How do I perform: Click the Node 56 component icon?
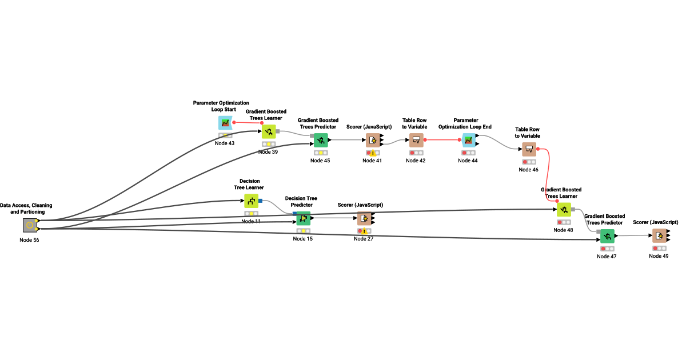pyautogui.click(x=30, y=225)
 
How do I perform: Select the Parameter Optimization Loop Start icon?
pyautogui.click(x=225, y=123)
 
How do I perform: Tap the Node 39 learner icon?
pyautogui.click(x=269, y=131)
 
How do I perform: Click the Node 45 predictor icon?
pyautogui.click(x=321, y=140)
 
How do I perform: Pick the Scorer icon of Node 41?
pyautogui.click(x=373, y=140)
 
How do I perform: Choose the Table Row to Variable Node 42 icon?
pyautogui.click(x=416, y=140)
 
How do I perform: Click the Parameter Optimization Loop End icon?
pyautogui.click(x=468, y=140)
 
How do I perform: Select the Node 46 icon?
pyautogui.click(x=529, y=149)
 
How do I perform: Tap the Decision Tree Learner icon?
pyautogui.click(x=252, y=201)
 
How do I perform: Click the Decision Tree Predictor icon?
pyautogui.click(x=304, y=218)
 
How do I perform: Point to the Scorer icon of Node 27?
pyautogui.click(x=364, y=218)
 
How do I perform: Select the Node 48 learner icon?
pyautogui.click(x=564, y=210)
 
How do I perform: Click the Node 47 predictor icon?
pyautogui.click(x=607, y=236)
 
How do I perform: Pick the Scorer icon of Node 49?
pyautogui.click(x=659, y=235)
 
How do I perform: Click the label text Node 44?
pyautogui.click(x=468, y=161)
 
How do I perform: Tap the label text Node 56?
pyautogui.click(x=29, y=240)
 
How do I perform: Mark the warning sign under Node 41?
pyautogui.click(x=373, y=153)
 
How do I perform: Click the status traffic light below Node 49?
pyautogui.click(x=659, y=248)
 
